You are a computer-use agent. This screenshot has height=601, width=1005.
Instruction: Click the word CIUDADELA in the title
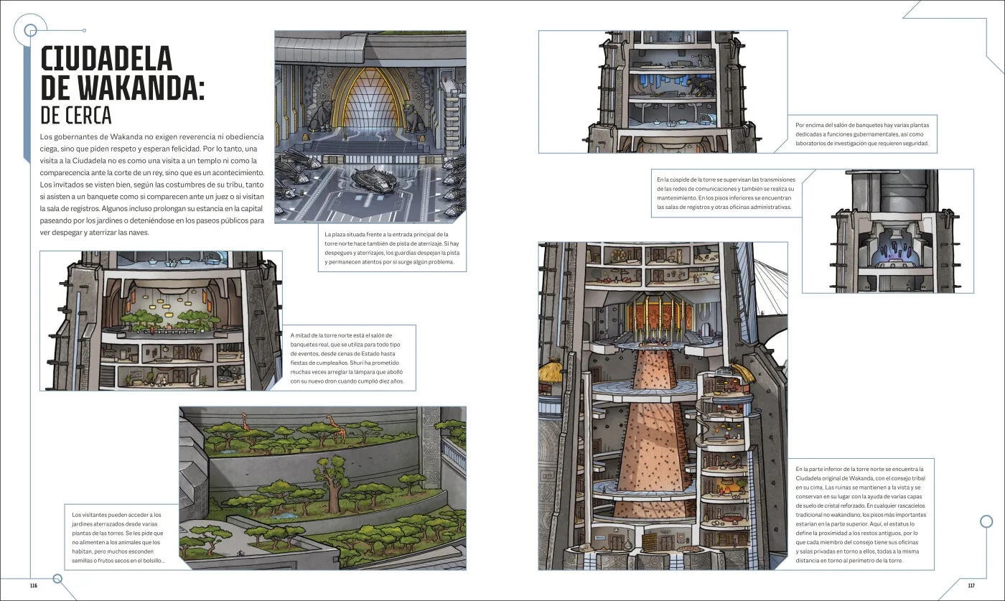pos(106,59)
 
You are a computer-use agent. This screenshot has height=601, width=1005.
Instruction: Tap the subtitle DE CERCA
pos(76,116)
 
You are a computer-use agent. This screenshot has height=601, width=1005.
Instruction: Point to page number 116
pos(34,585)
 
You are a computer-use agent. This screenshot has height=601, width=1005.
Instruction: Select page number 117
pos(971,585)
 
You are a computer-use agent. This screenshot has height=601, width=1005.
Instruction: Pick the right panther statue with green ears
pos(414,117)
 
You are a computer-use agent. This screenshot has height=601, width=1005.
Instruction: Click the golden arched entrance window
pos(370,105)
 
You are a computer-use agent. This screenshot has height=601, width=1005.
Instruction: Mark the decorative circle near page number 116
pos(57,579)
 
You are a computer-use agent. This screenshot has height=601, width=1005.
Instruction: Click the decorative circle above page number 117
pos(986,521)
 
